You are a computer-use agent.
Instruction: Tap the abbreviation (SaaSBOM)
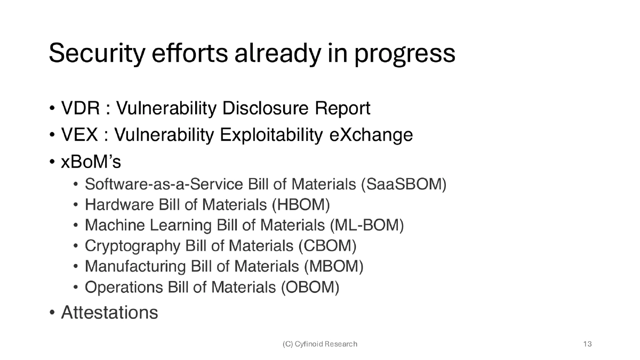[x=404, y=185]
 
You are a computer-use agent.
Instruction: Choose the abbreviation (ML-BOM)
[x=366, y=226]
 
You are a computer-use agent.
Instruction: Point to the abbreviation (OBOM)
[x=310, y=287]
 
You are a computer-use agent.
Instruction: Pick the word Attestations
[x=109, y=313]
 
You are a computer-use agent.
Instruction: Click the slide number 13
[x=588, y=344]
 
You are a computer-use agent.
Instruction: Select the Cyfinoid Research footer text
[x=320, y=344]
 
